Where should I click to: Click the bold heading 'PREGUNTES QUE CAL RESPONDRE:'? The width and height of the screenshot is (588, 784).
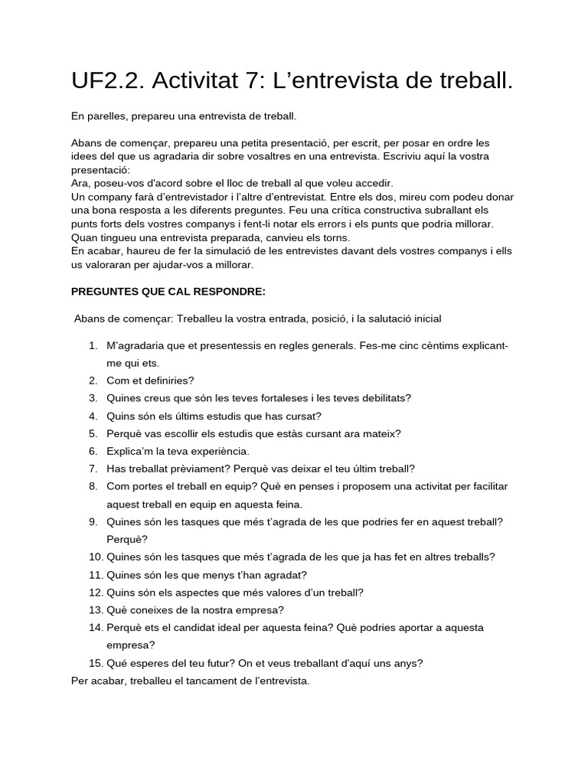168,291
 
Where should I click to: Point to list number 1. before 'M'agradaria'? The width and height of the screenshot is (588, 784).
93,345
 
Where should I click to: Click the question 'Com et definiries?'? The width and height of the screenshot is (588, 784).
151,381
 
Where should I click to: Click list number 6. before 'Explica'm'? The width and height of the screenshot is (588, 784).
93,451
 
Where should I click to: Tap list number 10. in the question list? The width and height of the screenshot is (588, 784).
96,557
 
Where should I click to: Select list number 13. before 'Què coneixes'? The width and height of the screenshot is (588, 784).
96,609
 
